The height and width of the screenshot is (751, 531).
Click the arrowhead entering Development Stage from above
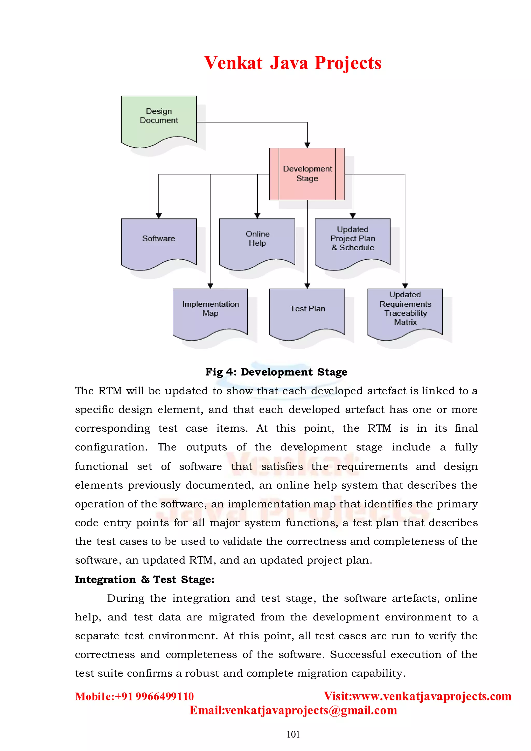coord(307,145)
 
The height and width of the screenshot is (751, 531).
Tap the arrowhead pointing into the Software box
coord(159,216)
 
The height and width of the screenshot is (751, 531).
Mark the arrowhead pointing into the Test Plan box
coord(307,286)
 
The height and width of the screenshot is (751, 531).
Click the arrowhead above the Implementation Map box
coord(210,286)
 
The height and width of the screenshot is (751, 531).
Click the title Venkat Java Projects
coord(293,63)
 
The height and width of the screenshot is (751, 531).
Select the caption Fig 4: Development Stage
coord(276,372)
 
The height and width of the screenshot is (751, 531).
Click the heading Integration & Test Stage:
coord(144,579)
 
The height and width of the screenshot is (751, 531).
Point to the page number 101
coord(293,734)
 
